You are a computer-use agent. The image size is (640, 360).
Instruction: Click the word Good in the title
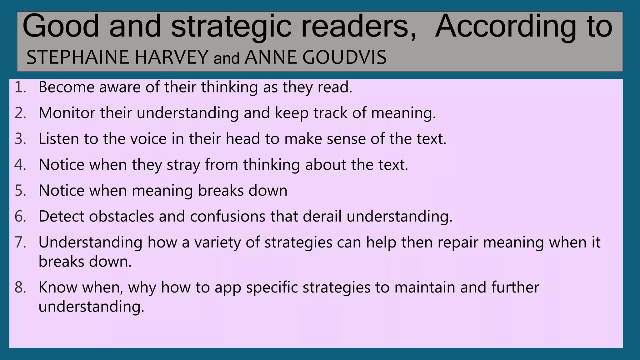[x=61, y=26]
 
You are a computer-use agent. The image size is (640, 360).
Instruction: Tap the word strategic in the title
[x=231, y=26]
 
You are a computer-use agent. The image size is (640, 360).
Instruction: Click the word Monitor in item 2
[x=67, y=113]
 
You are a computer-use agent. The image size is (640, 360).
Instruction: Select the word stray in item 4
[x=183, y=165]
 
